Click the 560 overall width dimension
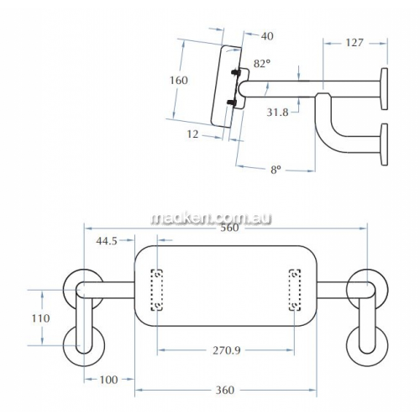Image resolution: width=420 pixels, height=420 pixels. point(229,228)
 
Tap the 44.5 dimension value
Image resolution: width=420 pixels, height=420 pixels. point(107,241)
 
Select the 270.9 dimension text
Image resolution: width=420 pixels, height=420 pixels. point(227,350)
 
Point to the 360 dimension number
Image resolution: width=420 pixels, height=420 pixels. point(225,390)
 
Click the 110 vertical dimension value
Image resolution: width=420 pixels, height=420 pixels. point(40,318)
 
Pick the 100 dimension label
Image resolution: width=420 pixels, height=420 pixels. point(108,380)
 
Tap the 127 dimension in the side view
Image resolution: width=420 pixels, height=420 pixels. point(354,43)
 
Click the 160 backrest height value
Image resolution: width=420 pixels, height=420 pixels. point(179,81)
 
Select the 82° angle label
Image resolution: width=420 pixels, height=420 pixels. point(262,64)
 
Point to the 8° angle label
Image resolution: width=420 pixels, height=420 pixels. point(276,170)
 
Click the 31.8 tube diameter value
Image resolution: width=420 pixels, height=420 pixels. point(277,113)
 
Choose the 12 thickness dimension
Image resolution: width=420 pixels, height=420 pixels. point(192,134)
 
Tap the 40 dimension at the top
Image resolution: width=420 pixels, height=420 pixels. point(267,36)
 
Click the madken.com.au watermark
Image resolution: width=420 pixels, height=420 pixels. point(212,218)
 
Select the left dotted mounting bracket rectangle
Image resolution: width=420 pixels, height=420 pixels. point(157,290)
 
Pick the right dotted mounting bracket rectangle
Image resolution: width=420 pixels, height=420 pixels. point(295,290)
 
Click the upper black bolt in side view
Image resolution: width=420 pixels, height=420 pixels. point(235,72)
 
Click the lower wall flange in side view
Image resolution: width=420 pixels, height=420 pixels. point(384,144)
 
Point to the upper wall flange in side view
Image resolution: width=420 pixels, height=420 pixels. point(384,89)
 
